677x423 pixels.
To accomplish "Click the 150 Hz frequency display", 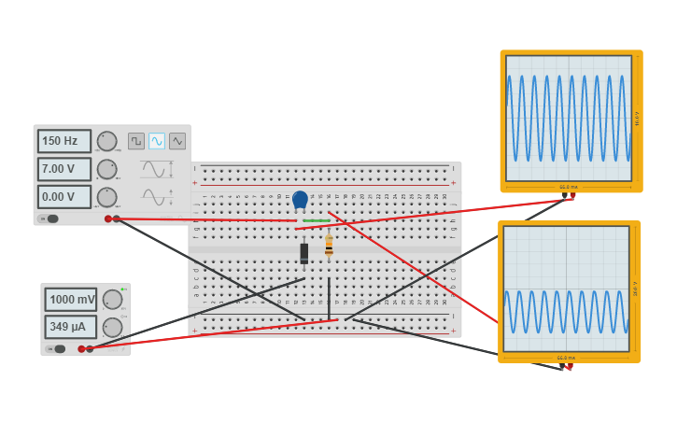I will tap(64, 141).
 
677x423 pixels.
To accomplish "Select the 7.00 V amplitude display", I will tap(64, 169).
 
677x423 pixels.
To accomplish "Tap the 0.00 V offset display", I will tap(64, 197).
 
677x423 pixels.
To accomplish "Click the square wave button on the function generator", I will tap(136, 141).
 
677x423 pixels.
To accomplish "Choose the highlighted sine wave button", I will tap(157, 141).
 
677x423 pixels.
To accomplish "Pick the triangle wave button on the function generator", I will tap(177, 141).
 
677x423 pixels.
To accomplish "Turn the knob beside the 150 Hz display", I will tap(107, 141).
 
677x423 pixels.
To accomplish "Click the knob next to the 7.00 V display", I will tap(107, 169).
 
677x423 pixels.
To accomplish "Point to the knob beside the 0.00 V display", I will tap(107, 197).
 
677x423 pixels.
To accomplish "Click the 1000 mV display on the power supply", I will tap(70, 300).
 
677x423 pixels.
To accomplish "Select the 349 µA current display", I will tap(70, 327).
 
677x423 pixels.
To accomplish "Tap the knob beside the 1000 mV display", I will tap(112, 300).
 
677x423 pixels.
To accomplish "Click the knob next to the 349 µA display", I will tap(112, 327).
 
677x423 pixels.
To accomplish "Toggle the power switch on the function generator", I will tap(49, 219).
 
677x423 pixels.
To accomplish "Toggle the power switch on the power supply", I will tap(57, 349).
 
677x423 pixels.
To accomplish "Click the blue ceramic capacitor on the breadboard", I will tap(300, 199).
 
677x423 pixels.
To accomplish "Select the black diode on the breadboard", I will tap(303, 253).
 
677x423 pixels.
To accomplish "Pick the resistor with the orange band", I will tap(329, 247).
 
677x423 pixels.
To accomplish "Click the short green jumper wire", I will tap(316, 221).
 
